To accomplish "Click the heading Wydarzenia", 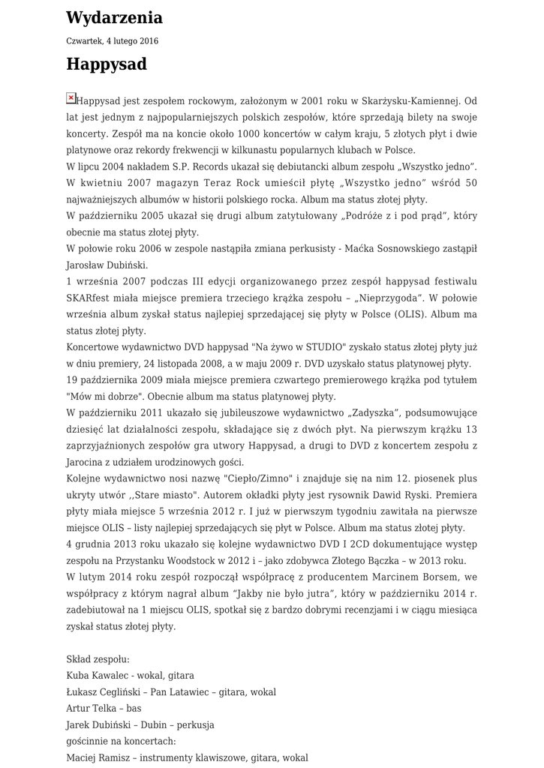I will point(114,17).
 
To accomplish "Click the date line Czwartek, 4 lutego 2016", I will point(112,41).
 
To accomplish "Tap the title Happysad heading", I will point(106,64).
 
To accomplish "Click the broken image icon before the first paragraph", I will point(71,97).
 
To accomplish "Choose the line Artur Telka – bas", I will point(104,709).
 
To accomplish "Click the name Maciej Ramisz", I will point(98,757).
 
